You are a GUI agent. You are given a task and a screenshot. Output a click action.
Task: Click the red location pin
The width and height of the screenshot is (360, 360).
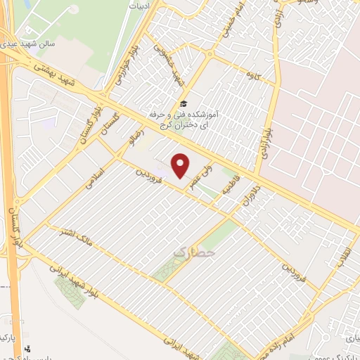pos(181,165)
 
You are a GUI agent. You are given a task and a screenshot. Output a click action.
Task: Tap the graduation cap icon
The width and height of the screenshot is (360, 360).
pos(184,102)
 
